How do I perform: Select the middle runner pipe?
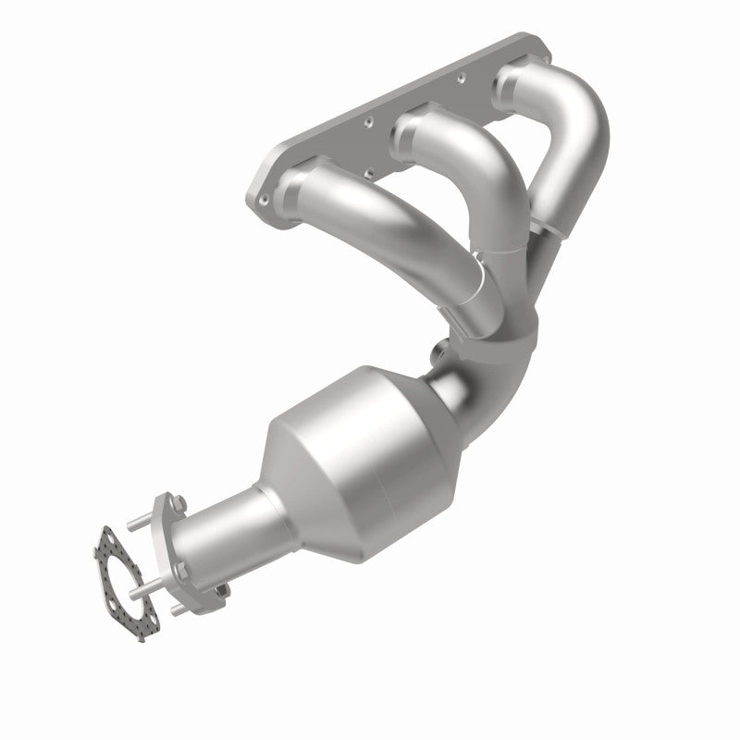[x=472, y=176]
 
